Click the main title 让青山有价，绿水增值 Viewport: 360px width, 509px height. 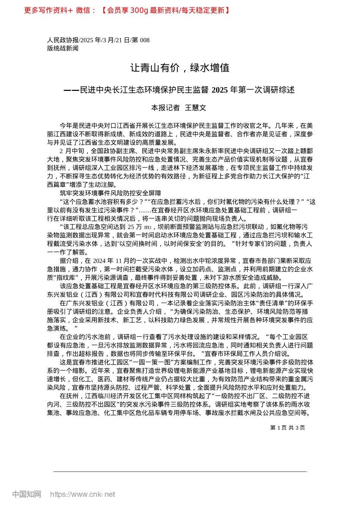coord(180,68)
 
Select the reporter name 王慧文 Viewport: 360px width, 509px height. coord(196,108)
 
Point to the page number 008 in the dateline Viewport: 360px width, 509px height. coord(145,40)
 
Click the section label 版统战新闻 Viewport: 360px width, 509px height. coord(63,48)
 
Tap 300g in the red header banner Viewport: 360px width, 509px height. coord(139,10)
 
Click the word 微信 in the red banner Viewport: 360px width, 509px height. coord(83,10)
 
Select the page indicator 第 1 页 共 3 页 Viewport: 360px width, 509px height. coord(288,428)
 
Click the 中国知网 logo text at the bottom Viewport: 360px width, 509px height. coord(27,494)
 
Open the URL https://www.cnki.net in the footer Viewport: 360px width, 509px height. coord(83,494)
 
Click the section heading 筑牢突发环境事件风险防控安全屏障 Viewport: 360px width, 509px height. coord(110,193)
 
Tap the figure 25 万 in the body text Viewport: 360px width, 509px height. coord(135,227)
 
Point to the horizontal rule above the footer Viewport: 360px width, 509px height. coord(180,472)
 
